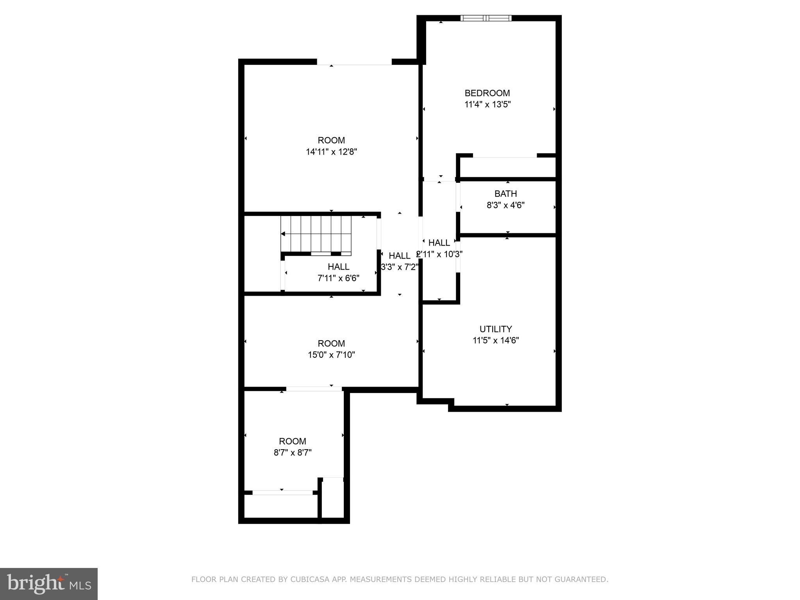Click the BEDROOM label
[x=487, y=93]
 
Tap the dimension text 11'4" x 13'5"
[x=487, y=104]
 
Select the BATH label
[x=505, y=194]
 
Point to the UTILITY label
[x=495, y=329]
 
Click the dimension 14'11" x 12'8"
[x=331, y=152]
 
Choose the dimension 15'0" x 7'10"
[x=331, y=355]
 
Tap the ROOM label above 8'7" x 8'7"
[x=292, y=441]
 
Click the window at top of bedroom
[x=486, y=18]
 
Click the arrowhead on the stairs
[x=283, y=234]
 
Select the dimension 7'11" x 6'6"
[x=338, y=278]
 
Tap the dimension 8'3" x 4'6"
[x=505, y=205]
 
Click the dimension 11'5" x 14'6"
[x=495, y=340]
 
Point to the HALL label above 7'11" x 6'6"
[x=338, y=267]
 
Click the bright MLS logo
[x=48, y=584]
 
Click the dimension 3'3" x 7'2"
[x=399, y=267]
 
